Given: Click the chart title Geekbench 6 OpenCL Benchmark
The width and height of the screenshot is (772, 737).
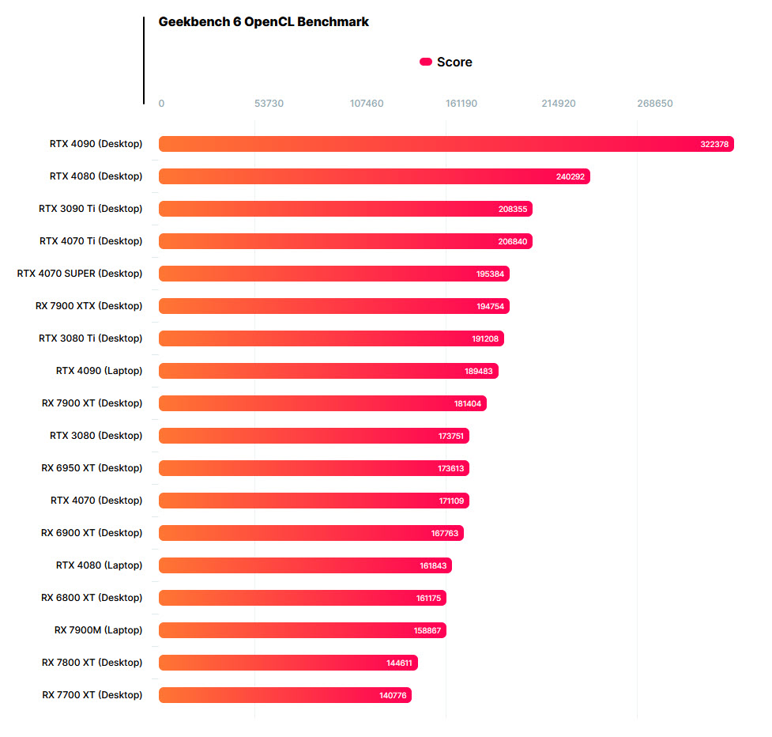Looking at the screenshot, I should pyautogui.click(x=263, y=22).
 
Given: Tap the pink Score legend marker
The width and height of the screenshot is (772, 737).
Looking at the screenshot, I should pyautogui.click(x=425, y=62).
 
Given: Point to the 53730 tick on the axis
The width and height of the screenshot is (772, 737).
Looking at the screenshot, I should pyautogui.click(x=269, y=104).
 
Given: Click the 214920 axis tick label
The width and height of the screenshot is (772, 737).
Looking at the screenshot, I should pyautogui.click(x=559, y=104).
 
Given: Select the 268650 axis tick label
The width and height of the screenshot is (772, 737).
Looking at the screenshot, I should pyautogui.click(x=655, y=104).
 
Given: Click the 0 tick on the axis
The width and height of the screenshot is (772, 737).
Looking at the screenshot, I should pyautogui.click(x=161, y=104).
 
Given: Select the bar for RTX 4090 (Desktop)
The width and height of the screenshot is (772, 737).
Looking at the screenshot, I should pyautogui.click(x=446, y=144).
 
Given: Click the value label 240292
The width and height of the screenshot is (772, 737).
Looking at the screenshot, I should pyautogui.click(x=571, y=176).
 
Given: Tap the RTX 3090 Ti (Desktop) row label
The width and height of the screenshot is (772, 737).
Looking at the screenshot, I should pyautogui.click(x=91, y=209).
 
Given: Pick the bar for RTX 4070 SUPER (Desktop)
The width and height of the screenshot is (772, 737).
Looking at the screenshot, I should pyautogui.click(x=333, y=274).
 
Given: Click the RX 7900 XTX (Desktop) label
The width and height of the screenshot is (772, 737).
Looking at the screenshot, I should pyautogui.click(x=89, y=306).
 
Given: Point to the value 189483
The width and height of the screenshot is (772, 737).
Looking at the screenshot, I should pyautogui.click(x=479, y=371).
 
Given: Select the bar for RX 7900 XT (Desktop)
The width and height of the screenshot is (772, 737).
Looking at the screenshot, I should pyautogui.click(x=322, y=403).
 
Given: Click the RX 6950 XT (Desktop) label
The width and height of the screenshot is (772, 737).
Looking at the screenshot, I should pyautogui.click(x=92, y=468).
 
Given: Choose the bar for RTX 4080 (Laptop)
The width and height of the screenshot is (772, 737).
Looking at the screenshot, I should pyautogui.click(x=305, y=565).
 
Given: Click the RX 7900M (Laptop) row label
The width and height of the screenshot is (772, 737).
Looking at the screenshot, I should pyautogui.click(x=99, y=630).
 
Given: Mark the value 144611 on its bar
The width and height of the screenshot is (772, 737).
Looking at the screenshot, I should pyautogui.click(x=399, y=663).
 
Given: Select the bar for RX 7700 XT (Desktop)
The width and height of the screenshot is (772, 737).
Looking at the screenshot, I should pyautogui.click(x=284, y=695).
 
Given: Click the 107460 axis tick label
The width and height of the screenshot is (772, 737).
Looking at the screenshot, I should pyautogui.click(x=367, y=104).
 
